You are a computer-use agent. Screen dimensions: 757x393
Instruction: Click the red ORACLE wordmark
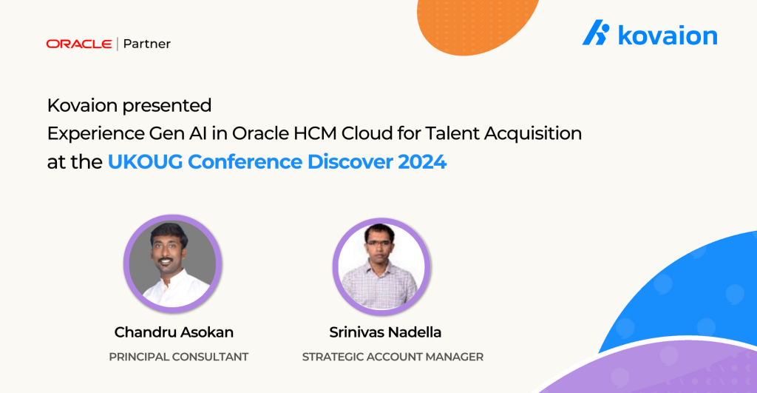[x=79, y=44]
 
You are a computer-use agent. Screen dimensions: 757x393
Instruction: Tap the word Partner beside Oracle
[x=147, y=44]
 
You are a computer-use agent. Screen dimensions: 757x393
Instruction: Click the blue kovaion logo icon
[x=596, y=33]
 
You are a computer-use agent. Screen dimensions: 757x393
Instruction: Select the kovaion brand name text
[x=668, y=36]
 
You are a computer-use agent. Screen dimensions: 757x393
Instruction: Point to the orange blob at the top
[x=475, y=24]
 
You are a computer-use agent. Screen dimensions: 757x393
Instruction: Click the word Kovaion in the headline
[x=82, y=105]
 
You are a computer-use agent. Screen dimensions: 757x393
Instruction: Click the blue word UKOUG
[x=145, y=162]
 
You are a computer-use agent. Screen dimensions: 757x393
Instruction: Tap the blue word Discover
[x=350, y=162]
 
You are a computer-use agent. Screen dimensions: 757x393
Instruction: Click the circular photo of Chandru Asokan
[x=172, y=263]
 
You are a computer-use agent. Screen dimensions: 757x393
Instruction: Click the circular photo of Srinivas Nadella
[x=381, y=266]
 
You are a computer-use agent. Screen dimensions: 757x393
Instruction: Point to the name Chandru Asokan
[x=174, y=332]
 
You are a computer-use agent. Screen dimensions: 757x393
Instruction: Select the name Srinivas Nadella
[x=385, y=332]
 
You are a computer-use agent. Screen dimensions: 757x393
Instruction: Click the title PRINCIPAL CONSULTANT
[x=179, y=357]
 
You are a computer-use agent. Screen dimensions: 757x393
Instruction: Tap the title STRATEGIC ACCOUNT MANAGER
[x=393, y=357]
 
